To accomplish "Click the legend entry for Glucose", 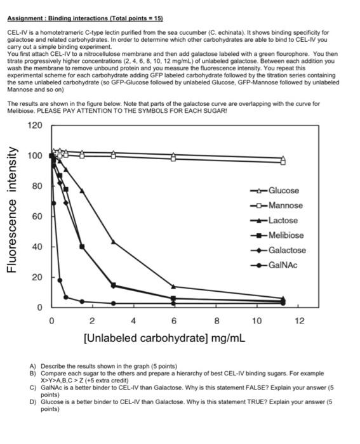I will (x=283, y=190).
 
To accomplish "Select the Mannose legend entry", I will (x=285, y=206).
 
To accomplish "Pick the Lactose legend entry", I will (x=283, y=220).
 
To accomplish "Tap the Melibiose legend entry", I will (x=286, y=235).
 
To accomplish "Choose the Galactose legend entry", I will (x=287, y=250).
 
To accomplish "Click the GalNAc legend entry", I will (x=283, y=264).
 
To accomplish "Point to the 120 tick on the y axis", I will (x=36, y=125).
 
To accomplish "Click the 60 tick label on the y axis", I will (x=37, y=216).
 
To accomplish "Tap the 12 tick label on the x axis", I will (x=300, y=321).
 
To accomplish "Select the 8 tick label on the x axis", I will (x=217, y=321).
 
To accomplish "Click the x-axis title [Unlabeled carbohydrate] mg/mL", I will (x=164, y=337).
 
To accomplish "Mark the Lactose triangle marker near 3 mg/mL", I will (x=113, y=242).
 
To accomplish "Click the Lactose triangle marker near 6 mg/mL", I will (x=173, y=287).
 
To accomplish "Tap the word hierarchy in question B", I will (x=199, y=374).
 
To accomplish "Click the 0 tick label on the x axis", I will (x=52, y=321).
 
